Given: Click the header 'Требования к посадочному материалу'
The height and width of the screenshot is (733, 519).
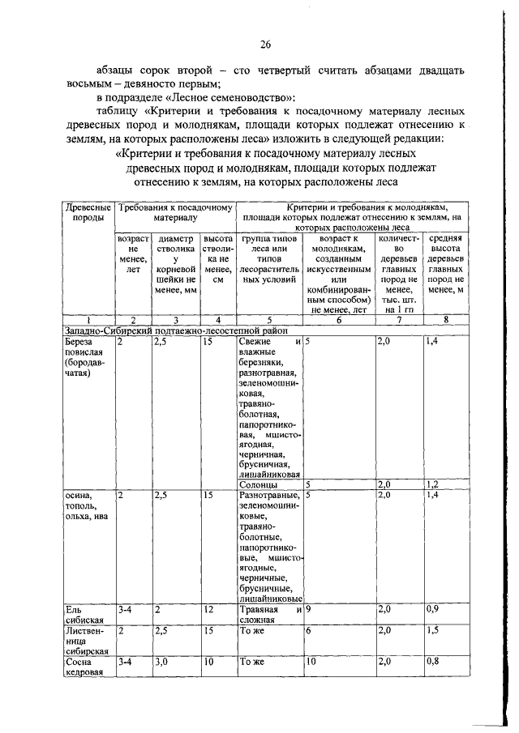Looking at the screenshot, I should click(174, 213).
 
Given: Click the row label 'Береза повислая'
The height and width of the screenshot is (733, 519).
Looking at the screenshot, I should click(84, 358).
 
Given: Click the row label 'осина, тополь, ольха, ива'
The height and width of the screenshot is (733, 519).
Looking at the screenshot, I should click(88, 506).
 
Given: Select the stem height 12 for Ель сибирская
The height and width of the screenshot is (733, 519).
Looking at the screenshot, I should click(209, 609).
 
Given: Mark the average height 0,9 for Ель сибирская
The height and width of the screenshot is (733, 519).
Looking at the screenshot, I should click(435, 609).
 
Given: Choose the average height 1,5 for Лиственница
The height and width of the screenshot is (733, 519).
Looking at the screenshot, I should click(435, 629).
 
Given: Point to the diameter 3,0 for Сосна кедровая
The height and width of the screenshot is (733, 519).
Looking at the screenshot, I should click(161, 661).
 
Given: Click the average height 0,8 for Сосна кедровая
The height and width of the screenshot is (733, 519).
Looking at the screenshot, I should click(435, 661).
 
